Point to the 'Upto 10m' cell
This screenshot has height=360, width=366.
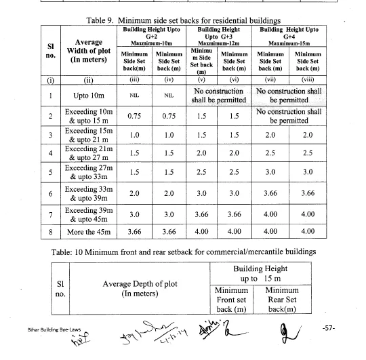(83, 96)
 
